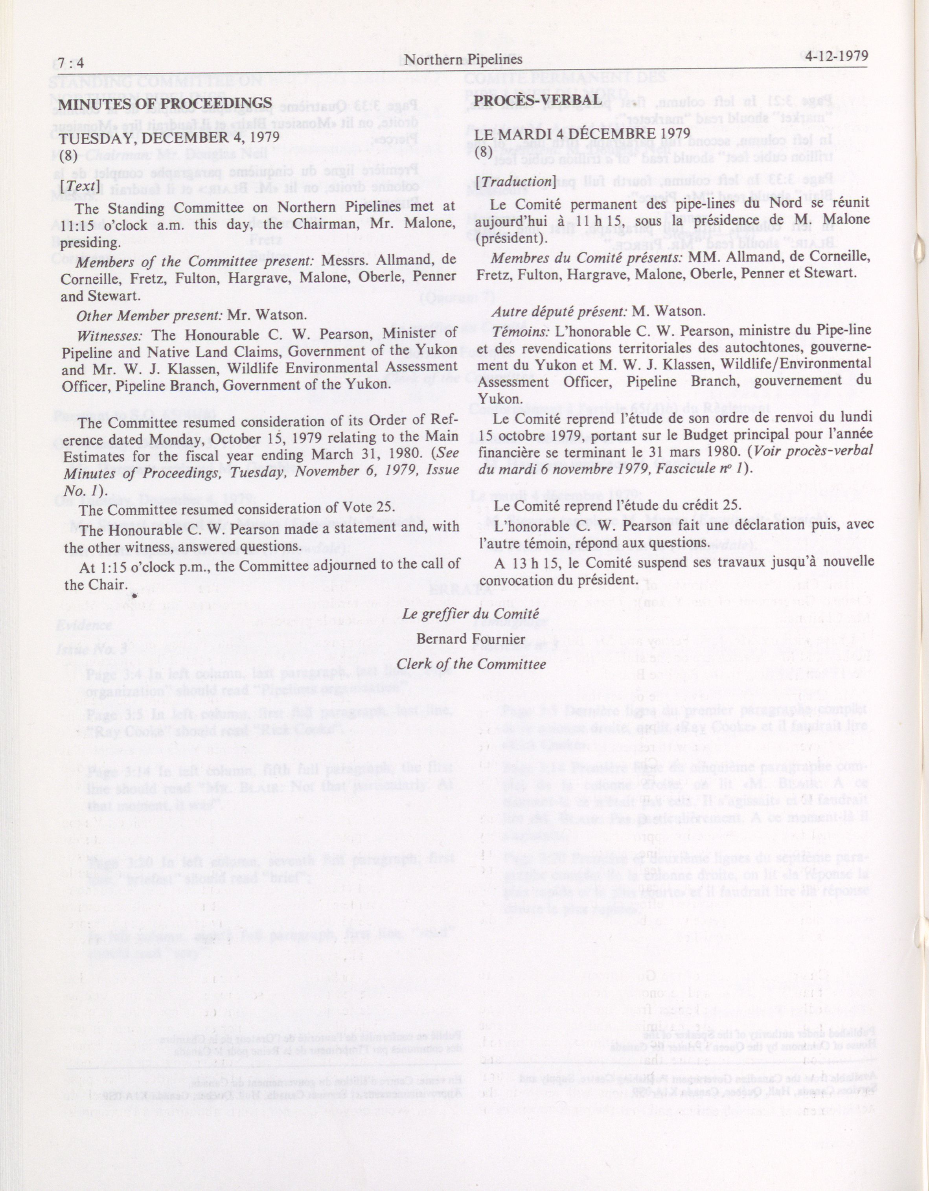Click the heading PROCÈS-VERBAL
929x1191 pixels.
click(x=539, y=100)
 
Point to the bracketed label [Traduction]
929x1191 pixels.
click(x=515, y=182)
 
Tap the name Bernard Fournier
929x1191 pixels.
click(x=470, y=639)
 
